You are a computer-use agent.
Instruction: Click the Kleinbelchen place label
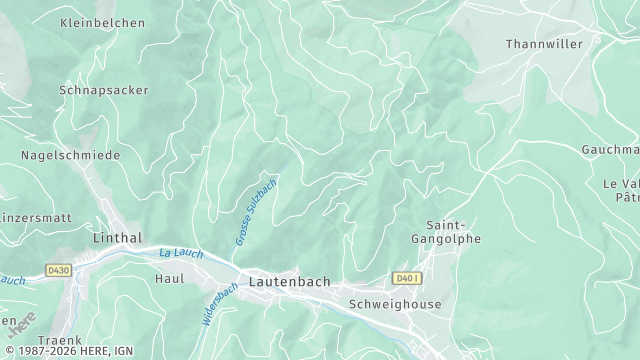102,23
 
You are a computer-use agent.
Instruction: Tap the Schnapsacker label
104,90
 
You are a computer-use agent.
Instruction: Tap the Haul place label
169,279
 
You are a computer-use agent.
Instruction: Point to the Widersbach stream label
219,302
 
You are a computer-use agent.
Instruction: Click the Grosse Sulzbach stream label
255,212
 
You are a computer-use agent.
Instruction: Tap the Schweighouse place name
394,304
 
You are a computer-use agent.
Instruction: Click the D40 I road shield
406,278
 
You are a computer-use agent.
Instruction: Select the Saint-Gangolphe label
446,232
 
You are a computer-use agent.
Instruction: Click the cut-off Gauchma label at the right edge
610,150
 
